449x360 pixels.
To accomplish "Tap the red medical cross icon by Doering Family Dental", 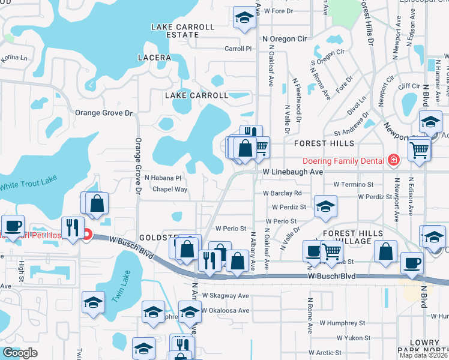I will point(393,160).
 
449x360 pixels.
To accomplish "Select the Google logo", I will point(20,352).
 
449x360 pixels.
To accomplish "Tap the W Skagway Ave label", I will point(225,296).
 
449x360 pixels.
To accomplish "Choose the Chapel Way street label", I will point(170,189).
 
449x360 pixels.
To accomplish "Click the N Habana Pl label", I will point(163,178).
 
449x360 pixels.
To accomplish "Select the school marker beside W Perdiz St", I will point(325,208).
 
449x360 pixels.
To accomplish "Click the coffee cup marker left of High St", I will point(13,226).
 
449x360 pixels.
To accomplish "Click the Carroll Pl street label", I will point(238,49).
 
